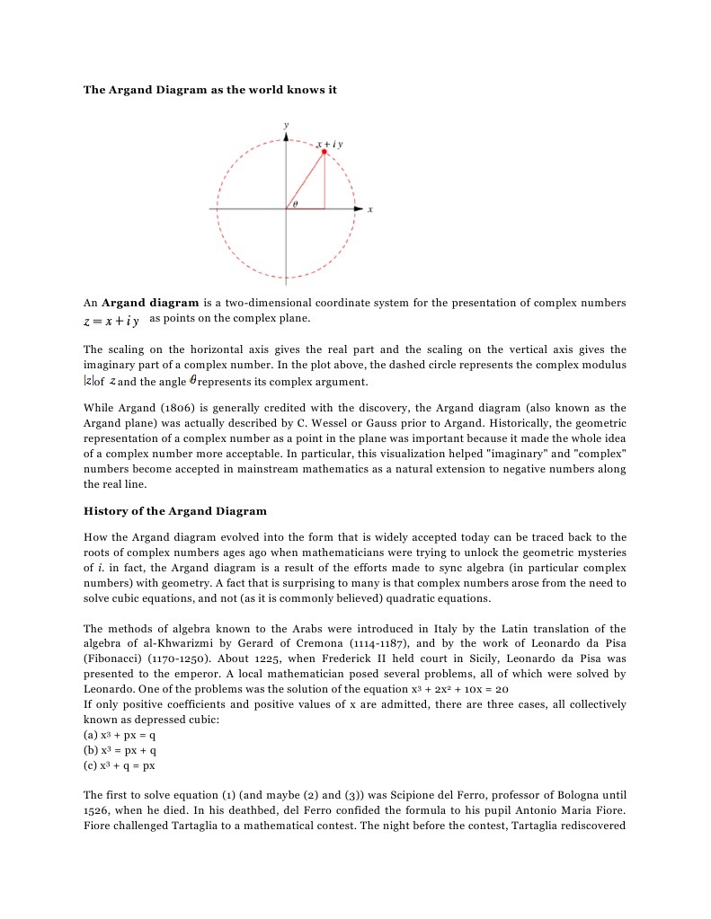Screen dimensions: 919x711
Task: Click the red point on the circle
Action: [x=324, y=152]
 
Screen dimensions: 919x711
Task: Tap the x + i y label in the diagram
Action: [x=330, y=143]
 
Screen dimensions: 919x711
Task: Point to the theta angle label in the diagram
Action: [x=294, y=204]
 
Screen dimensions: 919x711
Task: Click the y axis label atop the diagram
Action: [x=286, y=123]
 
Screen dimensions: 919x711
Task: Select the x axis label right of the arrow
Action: [x=370, y=209]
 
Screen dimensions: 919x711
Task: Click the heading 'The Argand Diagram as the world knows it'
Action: [x=209, y=90]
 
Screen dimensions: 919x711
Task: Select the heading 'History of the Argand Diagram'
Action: [x=175, y=511]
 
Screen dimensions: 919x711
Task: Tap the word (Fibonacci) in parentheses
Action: [x=115, y=658]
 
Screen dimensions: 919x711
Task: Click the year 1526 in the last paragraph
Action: [x=98, y=810]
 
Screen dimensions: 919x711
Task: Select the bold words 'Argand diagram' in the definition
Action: [x=150, y=303]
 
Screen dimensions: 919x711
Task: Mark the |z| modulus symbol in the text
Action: [x=88, y=381]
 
